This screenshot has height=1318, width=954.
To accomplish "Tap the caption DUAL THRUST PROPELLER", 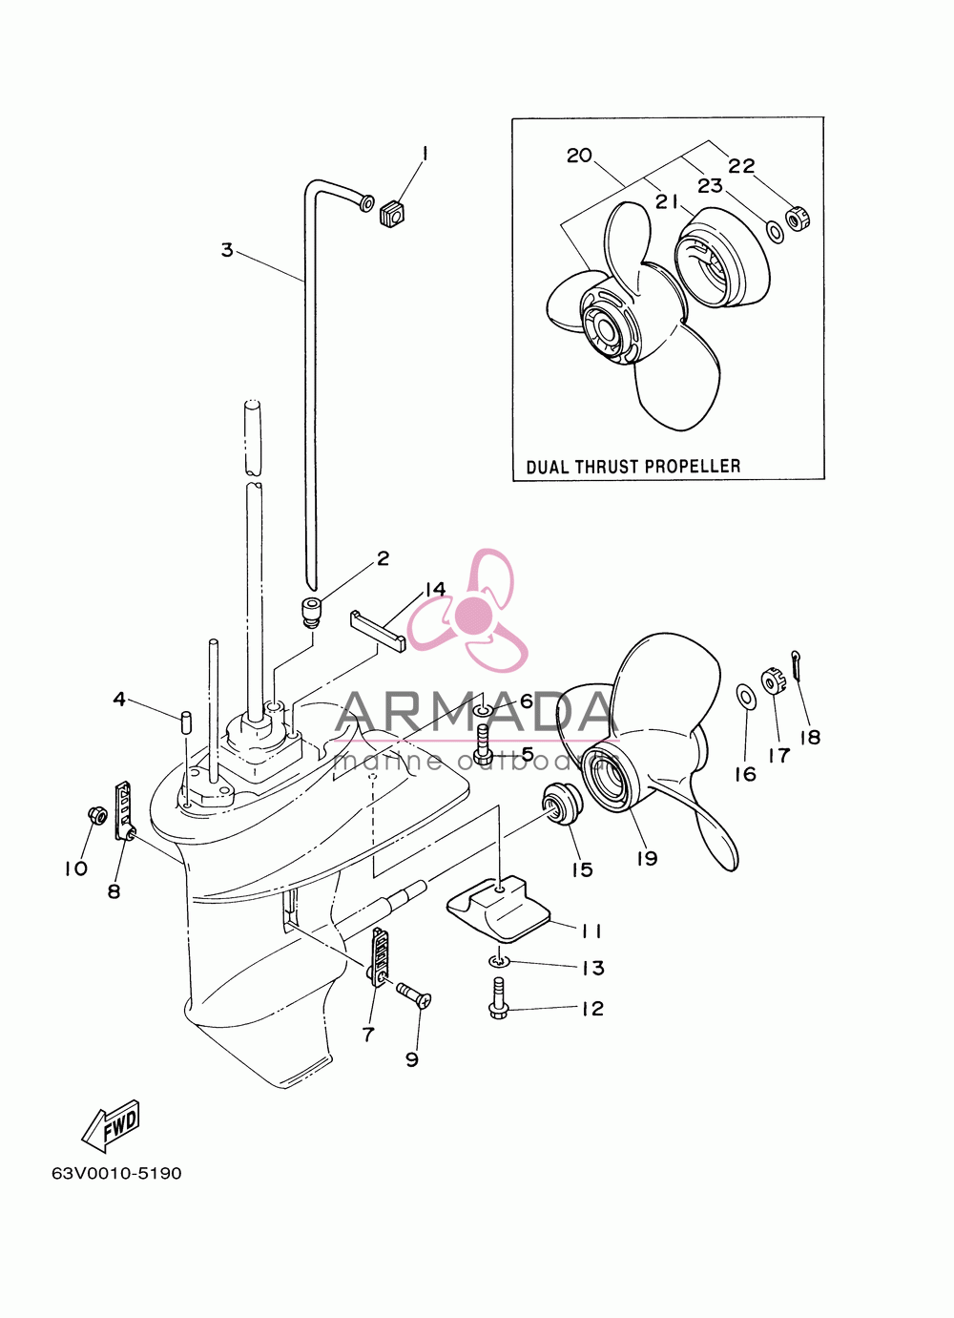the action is tap(633, 467).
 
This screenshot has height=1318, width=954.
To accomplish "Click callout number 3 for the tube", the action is tap(227, 250).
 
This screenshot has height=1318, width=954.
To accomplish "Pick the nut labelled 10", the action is tap(96, 814).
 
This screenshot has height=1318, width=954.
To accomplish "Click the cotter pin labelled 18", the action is tap(797, 665).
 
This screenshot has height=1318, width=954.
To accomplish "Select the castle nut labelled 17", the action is tap(771, 680).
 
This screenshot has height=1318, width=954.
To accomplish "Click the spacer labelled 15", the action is tap(562, 805).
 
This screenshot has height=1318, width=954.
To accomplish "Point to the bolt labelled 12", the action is tap(498, 996).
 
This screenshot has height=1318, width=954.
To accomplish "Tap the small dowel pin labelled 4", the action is tap(187, 722).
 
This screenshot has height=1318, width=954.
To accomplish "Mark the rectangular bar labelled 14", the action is tap(378, 632).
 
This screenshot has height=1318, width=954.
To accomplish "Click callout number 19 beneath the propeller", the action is tap(647, 858).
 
